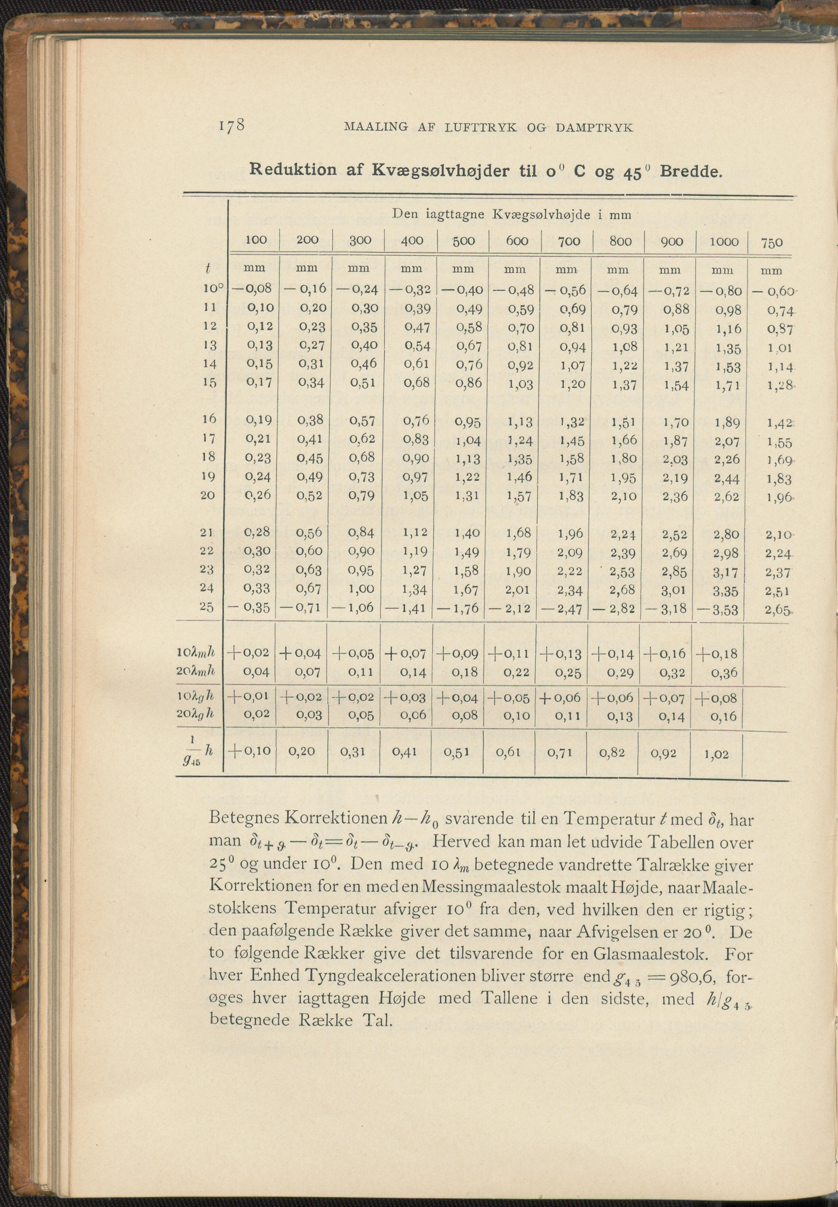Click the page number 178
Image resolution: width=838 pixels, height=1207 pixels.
[232, 126]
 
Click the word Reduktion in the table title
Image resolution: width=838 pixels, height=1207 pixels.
[293, 170]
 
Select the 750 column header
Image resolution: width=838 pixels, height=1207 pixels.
[771, 242]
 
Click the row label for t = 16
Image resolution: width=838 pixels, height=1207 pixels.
[209, 419]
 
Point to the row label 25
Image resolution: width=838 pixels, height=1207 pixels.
[207, 607]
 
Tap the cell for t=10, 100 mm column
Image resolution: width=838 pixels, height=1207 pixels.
[252, 288]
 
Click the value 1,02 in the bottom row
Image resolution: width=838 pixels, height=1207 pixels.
[716, 755]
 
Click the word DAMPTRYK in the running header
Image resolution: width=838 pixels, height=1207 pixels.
[594, 128]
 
